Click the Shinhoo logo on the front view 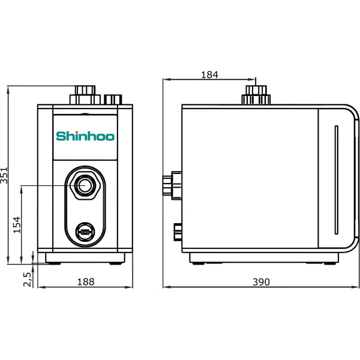(85, 136)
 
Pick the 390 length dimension (260, 281)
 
